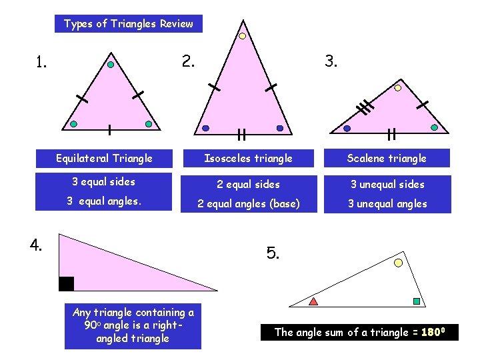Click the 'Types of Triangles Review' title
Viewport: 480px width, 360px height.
click(128, 24)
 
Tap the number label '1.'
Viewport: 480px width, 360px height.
click(41, 63)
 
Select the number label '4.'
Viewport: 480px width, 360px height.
click(36, 245)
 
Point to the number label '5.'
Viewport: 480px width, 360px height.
click(273, 253)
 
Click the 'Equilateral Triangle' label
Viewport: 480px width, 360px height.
click(104, 158)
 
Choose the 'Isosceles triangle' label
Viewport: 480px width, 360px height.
click(248, 158)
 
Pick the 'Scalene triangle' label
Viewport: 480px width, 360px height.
click(387, 158)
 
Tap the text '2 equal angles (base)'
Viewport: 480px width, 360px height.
click(248, 203)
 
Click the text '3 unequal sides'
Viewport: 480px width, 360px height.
click(387, 184)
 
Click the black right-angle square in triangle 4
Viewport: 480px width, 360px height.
click(66, 283)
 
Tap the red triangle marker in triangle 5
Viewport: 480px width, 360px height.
click(313, 301)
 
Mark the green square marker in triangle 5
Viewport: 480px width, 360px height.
click(417, 301)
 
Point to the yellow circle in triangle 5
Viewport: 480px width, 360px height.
click(399, 263)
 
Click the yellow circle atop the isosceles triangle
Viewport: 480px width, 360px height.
click(243, 36)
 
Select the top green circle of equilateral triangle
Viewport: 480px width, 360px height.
click(111, 65)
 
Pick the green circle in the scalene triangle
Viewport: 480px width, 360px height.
click(434, 127)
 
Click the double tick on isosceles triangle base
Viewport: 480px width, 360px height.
click(241, 135)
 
